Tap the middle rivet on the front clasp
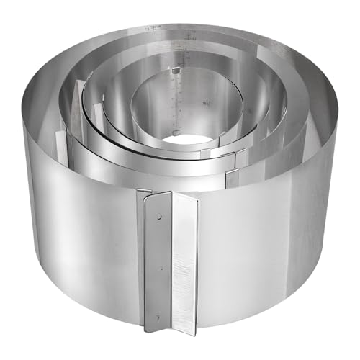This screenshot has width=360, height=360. pyautogui.click(x=160, y=268)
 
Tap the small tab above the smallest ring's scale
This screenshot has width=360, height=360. pyautogui.click(x=174, y=70)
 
